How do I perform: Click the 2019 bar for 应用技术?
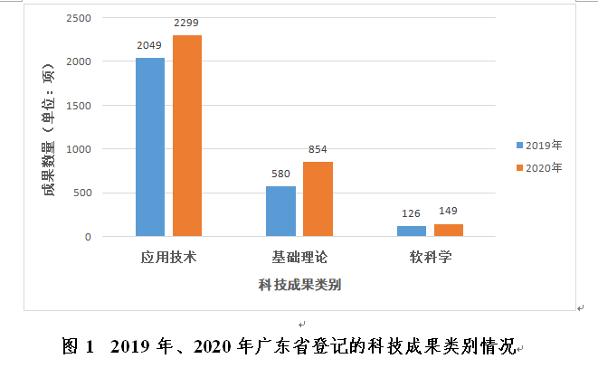(150, 147)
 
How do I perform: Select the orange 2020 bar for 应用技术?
(187, 136)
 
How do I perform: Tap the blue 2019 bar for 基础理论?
(280, 212)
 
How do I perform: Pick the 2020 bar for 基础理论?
(318, 199)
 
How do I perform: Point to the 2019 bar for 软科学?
(411, 231)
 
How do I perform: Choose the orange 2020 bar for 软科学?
(448, 231)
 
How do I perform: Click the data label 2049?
(150, 44)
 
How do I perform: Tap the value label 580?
(280, 173)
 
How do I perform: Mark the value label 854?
(318, 149)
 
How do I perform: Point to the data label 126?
(411, 213)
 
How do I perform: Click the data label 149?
(448, 212)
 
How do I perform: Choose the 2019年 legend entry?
(539, 145)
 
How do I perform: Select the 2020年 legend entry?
(539, 167)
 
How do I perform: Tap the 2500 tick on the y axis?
(80, 18)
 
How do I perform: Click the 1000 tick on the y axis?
(80, 149)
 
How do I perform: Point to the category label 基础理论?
(299, 257)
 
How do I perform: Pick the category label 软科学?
(429, 257)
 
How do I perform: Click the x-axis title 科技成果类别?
(299, 286)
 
